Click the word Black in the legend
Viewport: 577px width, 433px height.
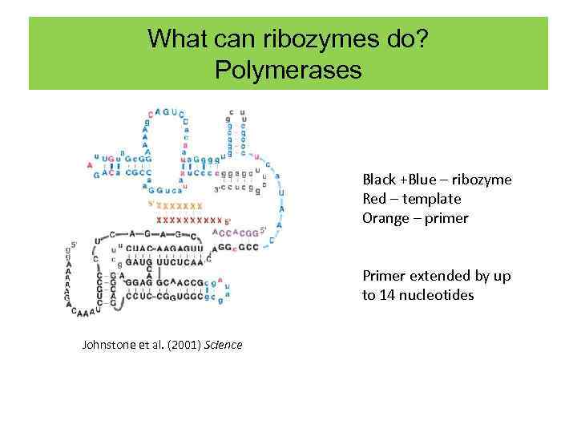click(x=379, y=180)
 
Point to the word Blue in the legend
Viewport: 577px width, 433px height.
click(x=422, y=180)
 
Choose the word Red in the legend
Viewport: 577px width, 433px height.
click(x=373, y=199)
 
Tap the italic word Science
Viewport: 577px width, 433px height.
click(x=224, y=345)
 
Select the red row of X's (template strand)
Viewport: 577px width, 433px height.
click(x=189, y=220)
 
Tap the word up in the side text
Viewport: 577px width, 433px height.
click(x=502, y=276)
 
